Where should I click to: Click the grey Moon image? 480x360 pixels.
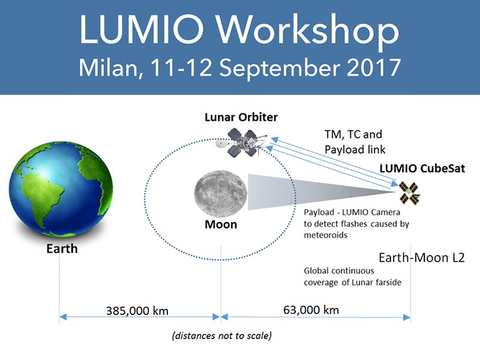(x=220, y=194)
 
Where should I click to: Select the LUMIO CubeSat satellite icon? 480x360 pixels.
(x=409, y=193)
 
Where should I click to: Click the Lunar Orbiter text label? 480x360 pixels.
(x=241, y=117)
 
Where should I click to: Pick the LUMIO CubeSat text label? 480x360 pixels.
(x=422, y=169)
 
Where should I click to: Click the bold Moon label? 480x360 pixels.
(x=221, y=224)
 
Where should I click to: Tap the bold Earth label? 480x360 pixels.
(x=62, y=248)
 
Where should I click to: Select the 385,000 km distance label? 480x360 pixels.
(x=137, y=311)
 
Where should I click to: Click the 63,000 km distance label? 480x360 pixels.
(x=311, y=310)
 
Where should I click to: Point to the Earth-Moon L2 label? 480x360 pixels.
(x=422, y=258)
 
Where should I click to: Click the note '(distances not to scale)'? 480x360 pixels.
(x=222, y=336)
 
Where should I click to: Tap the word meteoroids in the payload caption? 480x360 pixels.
(x=325, y=235)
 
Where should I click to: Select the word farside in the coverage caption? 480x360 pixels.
(x=388, y=282)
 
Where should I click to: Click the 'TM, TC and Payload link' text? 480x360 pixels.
(x=355, y=142)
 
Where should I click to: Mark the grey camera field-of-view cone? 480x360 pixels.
(x=306, y=192)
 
